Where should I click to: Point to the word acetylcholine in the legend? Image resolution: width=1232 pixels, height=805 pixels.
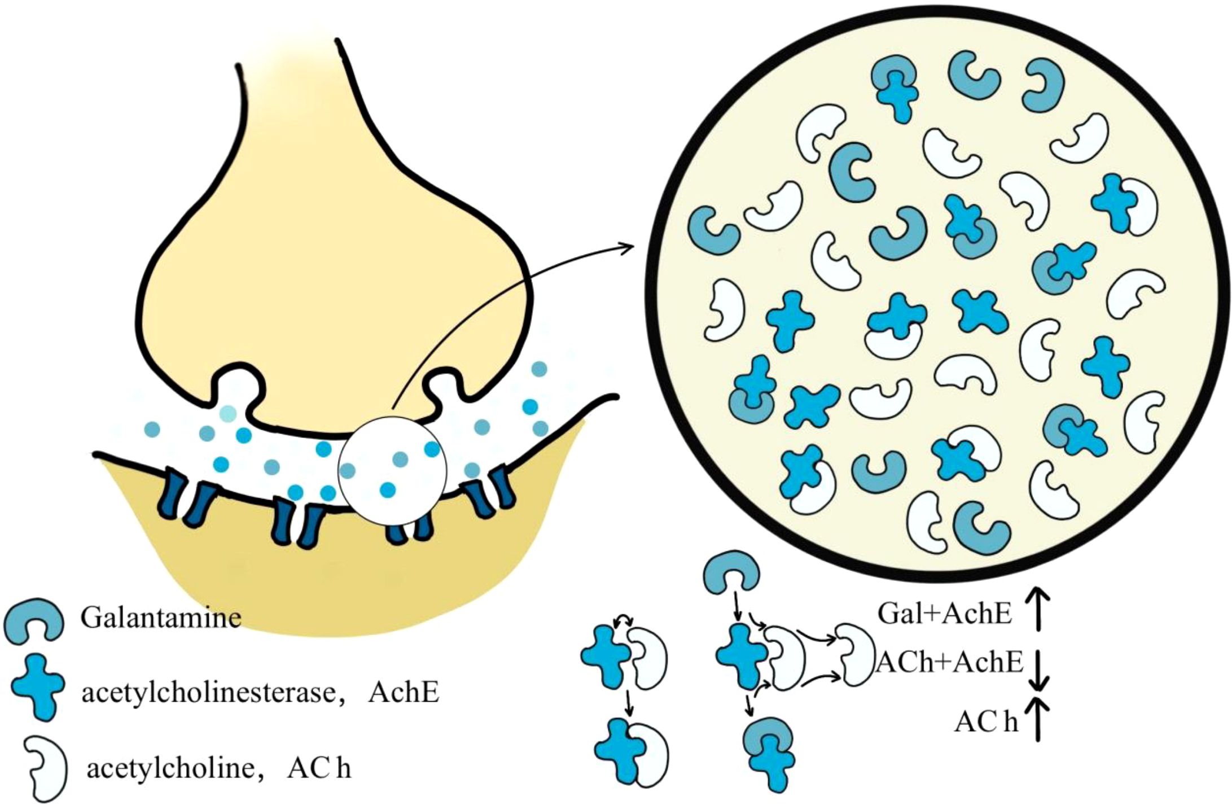point(169,768)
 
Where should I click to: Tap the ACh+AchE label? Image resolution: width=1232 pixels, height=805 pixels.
point(949,662)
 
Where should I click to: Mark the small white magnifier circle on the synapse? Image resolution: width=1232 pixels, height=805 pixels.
point(392,471)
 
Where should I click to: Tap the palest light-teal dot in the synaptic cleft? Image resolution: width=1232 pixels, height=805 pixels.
point(229,414)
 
